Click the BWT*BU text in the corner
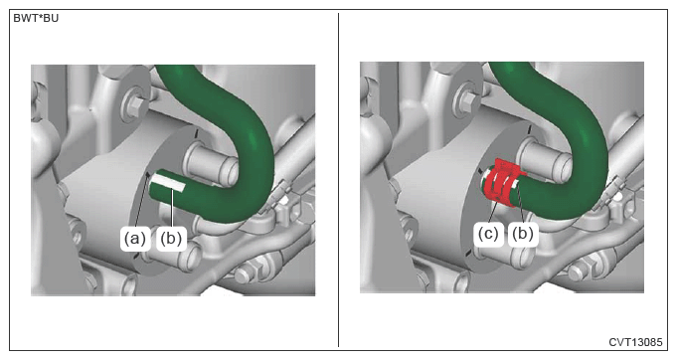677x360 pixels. coord(36,18)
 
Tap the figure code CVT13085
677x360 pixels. coord(635,342)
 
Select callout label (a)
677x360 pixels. coord(135,239)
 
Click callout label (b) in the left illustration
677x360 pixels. coord(171,239)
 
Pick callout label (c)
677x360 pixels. coord(488,234)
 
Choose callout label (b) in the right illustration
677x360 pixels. coord(523,234)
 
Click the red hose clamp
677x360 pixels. coord(502,182)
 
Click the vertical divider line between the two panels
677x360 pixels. coord(338,180)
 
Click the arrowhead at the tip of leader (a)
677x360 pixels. coord(148,174)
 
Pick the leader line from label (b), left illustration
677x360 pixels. coord(172,209)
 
